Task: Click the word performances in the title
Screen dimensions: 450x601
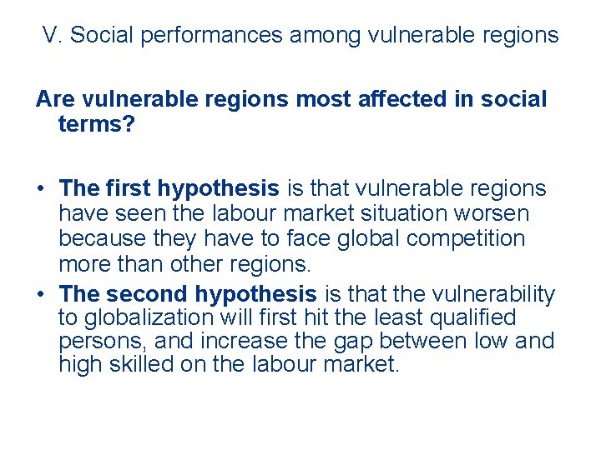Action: coord(210,35)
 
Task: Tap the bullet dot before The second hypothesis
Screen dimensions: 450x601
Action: coord(41,294)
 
